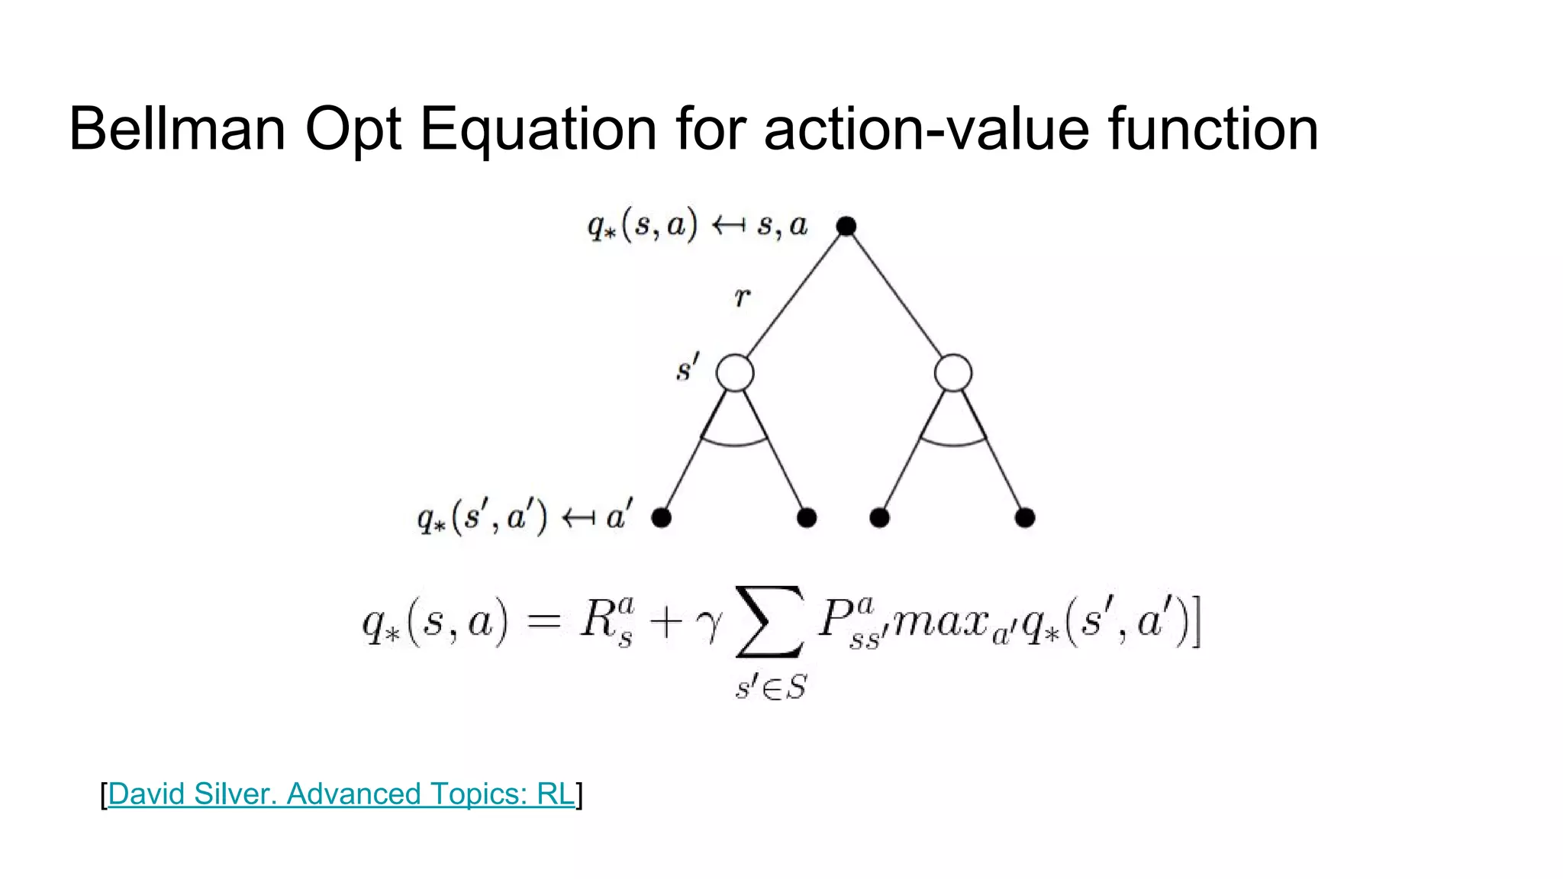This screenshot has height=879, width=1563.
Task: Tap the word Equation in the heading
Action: [537, 130]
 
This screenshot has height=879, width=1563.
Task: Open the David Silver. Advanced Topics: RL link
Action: [341, 794]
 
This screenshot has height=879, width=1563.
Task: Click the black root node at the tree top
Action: [846, 226]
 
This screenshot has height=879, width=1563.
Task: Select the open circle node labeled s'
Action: [734, 373]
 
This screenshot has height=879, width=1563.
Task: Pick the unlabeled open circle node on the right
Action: [952, 373]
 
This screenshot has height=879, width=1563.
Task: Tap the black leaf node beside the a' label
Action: [661, 518]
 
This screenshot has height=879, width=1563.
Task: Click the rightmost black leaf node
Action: [1024, 518]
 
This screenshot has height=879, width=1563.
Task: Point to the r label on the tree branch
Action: [742, 297]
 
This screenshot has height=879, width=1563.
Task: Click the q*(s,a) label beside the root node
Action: [642, 226]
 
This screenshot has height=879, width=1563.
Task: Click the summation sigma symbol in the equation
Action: [769, 621]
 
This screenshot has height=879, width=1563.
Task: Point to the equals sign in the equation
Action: [544, 622]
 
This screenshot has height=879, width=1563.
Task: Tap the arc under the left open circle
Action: [734, 442]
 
